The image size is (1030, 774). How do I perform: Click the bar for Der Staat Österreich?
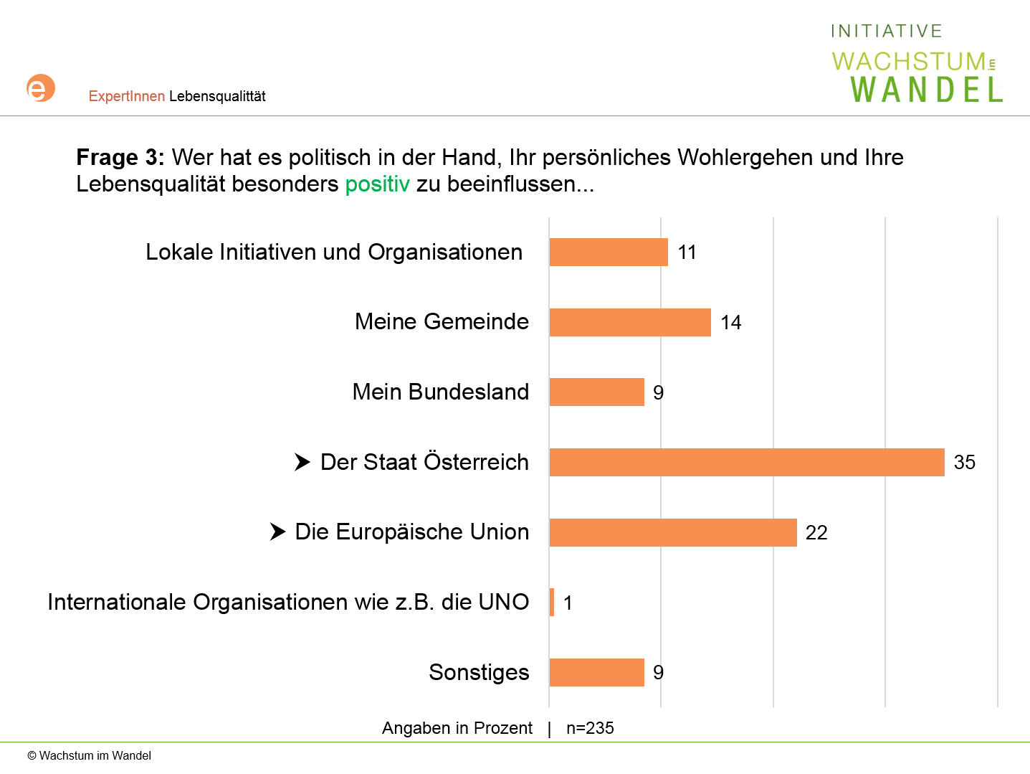746,462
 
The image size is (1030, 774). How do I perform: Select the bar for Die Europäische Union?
672,532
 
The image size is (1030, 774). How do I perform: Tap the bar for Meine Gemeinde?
629,322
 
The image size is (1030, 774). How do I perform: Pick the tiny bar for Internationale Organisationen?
552,602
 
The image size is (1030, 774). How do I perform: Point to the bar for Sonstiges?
596,672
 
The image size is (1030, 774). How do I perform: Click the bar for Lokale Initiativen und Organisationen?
608,253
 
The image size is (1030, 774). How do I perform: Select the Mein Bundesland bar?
596,392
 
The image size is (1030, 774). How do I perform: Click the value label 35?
964,462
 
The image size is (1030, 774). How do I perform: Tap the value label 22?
816,532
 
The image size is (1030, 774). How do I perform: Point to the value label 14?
730,322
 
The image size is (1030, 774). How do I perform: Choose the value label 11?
687,253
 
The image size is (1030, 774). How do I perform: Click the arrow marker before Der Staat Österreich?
302,462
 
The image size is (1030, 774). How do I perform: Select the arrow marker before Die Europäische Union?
277,532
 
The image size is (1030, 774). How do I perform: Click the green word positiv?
377,184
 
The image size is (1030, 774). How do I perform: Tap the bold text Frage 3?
120,157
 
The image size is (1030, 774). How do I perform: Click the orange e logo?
41,88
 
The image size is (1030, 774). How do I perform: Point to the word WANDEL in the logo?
926,90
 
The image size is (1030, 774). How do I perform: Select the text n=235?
590,728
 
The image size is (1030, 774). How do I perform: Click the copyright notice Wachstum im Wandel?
90,755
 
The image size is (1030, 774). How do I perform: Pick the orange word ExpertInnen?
127,96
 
